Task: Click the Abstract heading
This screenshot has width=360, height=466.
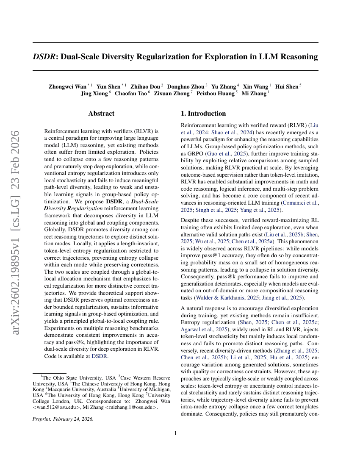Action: coord(101,114)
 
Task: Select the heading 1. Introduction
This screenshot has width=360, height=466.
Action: coord(203,114)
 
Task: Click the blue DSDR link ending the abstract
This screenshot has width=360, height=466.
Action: coord(100,356)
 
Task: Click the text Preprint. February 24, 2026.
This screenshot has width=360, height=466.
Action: coord(63,419)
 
